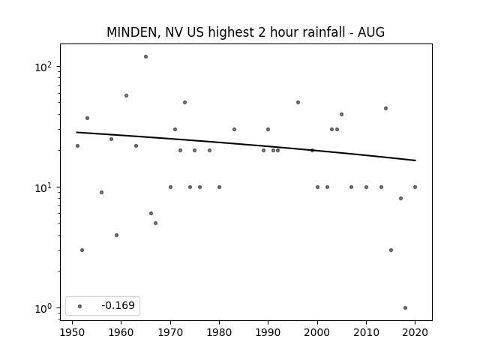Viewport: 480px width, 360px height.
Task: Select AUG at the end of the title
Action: (371, 31)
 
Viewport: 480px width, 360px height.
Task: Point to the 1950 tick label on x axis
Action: (72, 332)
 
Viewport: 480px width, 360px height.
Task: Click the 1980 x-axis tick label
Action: (219, 332)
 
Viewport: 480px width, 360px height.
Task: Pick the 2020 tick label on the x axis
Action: (415, 332)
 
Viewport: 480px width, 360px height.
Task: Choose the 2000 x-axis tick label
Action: (317, 332)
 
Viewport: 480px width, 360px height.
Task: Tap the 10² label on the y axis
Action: (43, 67)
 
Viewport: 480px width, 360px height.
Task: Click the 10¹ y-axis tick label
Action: (43, 187)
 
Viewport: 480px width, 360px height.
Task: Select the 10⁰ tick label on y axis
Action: (43, 308)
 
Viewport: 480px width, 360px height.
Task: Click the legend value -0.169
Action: (118, 305)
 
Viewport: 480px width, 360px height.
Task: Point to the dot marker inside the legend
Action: (80, 306)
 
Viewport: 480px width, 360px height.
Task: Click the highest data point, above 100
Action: (145, 57)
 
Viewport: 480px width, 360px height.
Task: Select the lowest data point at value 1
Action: (405, 308)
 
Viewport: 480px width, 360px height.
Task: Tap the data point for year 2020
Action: (415, 187)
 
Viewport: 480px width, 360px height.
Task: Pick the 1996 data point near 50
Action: (298, 102)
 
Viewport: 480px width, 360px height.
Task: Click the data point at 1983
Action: (234, 129)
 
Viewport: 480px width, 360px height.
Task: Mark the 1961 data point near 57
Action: (126, 95)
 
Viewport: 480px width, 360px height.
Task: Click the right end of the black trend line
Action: (415, 160)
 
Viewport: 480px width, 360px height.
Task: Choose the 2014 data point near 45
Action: (385, 108)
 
